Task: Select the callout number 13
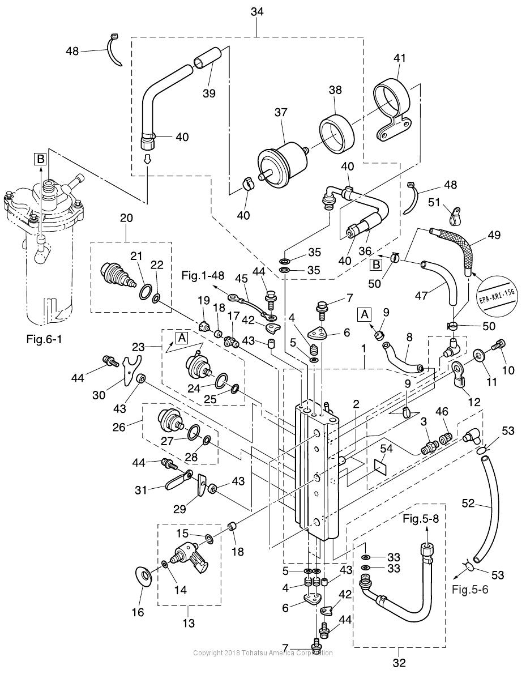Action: (x=189, y=623)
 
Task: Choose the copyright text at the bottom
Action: (x=263, y=653)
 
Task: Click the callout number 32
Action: (x=399, y=663)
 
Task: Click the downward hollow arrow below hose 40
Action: (x=147, y=161)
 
